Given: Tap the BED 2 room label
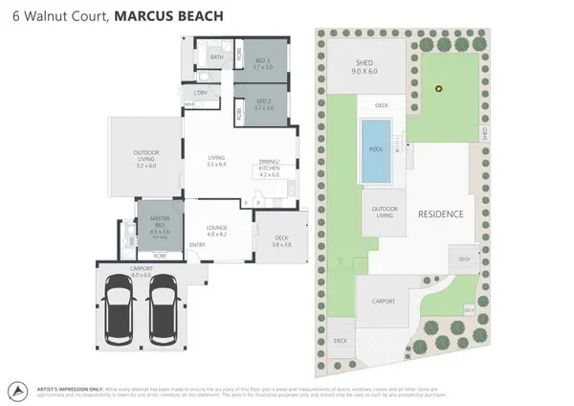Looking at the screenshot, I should [263, 104].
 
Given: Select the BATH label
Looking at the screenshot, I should [216, 58].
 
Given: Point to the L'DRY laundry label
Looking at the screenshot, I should [201, 93].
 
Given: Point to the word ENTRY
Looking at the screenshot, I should [198, 245].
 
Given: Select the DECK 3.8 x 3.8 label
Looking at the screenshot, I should [280, 241].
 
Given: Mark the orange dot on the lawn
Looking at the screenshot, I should [439, 90].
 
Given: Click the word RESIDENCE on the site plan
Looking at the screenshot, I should [441, 214].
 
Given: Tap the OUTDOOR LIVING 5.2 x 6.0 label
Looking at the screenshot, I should [145, 159].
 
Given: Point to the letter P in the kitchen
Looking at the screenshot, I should [257, 203].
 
